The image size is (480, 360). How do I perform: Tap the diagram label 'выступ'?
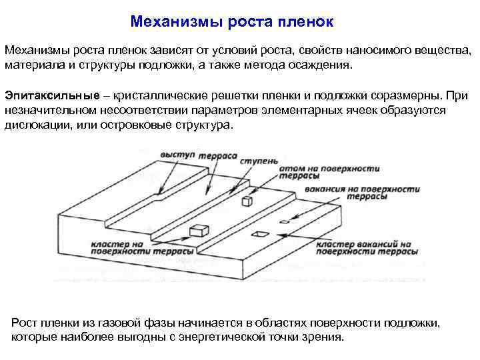click(175, 155)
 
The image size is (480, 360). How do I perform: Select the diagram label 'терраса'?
click(218, 155)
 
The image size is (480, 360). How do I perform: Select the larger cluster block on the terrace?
click(199, 231)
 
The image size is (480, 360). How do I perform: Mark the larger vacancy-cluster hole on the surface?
click(259, 234)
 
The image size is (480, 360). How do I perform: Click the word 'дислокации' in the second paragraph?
click(33, 125)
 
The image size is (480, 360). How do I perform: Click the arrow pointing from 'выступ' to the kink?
click(166, 174)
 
